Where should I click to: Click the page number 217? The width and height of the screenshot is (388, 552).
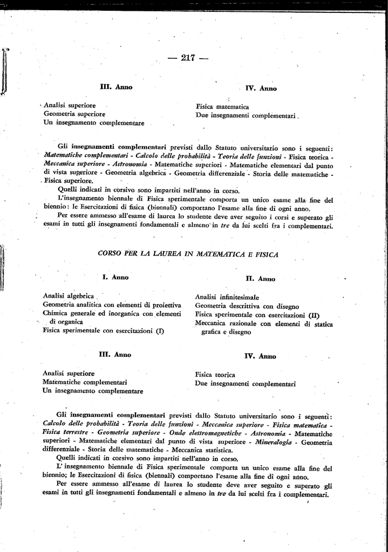pos(188,58)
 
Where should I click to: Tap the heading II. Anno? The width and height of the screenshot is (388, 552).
pos(260,279)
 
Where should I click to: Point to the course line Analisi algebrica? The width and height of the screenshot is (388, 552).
pos(69,296)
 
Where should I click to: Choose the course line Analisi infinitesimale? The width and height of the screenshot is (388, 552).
pos(227,297)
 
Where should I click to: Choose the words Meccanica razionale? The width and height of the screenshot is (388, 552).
pos(227,324)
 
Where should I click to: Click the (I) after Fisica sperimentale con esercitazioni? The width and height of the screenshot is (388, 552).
pos(159,331)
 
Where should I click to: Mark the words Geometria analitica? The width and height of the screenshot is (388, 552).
pos(70,305)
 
